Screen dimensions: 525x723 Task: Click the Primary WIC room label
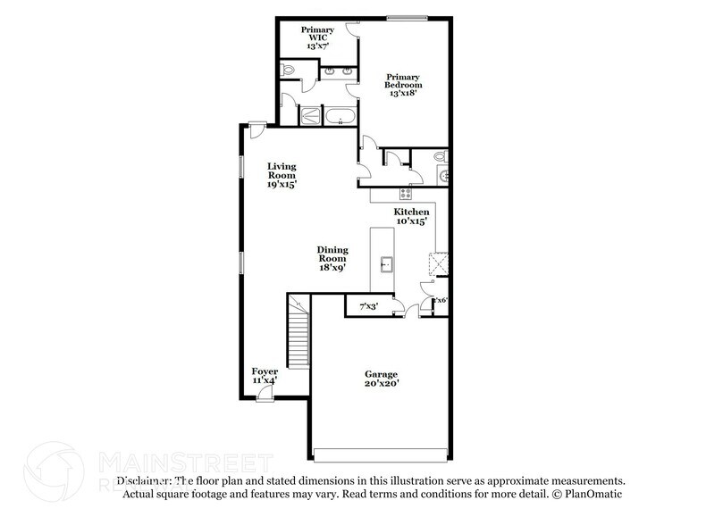point(317,36)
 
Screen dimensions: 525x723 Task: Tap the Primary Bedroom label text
point(402,84)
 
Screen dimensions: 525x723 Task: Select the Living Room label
point(282,175)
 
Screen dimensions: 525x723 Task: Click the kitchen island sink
point(387,263)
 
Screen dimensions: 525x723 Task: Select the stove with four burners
point(406,193)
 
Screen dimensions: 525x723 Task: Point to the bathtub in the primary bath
point(340,115)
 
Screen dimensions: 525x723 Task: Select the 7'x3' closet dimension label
point(367,307)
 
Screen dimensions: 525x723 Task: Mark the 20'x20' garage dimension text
point(381,383)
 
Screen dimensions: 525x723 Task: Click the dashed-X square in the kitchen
point(439,263)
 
